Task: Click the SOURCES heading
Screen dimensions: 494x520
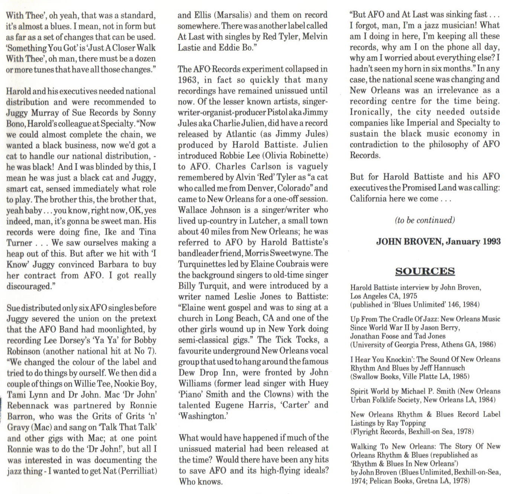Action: pos(425,271)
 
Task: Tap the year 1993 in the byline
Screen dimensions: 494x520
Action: pos(492,242)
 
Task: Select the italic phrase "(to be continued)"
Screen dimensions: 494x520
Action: pos(425,220)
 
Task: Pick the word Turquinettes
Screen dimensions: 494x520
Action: pos(200,264)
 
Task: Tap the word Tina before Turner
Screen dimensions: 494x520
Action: pos(148,232)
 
